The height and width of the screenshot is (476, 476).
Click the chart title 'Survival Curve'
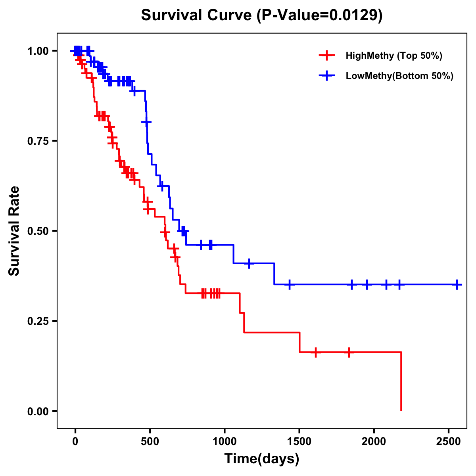[196, 15]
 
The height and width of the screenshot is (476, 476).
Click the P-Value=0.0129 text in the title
[319, 15]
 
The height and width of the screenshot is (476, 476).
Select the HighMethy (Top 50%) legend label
[393, 56]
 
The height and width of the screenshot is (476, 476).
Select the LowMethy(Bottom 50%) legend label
[399, 76]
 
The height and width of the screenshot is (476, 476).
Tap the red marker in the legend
[327, 56]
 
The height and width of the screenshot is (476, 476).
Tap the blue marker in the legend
[327, 76]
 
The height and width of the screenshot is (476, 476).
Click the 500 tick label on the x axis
[150, 442]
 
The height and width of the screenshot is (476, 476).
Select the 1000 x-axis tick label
[225, 442]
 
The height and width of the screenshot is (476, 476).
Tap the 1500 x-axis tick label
[299, 442]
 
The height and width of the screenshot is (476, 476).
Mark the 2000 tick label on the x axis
[374, 442]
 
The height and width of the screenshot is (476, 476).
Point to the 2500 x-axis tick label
[449, 442]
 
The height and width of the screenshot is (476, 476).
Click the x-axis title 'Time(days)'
[262, 459]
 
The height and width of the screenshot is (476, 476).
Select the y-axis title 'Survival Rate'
[15, 231]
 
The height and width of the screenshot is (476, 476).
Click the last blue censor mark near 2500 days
[457, 284]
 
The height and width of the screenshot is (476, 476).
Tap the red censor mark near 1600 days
[315, 352]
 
